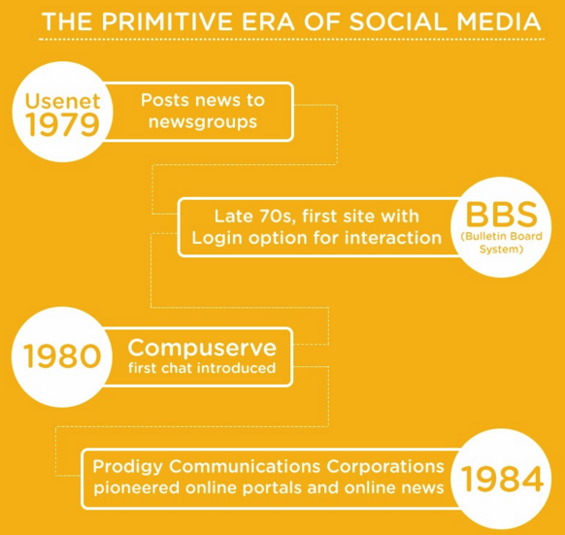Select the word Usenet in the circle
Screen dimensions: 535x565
point(62,101)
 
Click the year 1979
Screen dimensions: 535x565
point(62,124)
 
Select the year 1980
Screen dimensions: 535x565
point(62,356)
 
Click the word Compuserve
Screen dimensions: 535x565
point(202,347)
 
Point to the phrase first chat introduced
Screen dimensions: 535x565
point(202,368)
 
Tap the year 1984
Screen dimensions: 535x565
point(502,478)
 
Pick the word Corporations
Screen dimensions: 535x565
point(384,466)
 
